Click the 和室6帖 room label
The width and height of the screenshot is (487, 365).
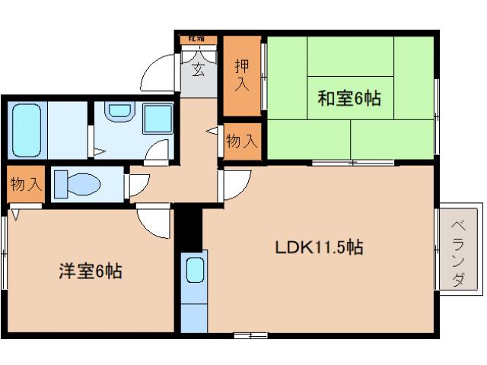tap(349, 98)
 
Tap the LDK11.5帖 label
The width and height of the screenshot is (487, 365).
tap(318, 247)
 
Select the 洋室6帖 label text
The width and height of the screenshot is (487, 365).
tap(89, 270)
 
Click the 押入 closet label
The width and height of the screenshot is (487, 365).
tap(241, 75)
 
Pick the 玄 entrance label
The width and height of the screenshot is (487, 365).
tap(198, 71)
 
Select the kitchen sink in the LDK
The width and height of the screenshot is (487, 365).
tap(195, 271)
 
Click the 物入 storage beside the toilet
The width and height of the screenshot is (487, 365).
tap(26, 186)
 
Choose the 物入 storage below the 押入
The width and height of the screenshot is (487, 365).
tap(242, 141)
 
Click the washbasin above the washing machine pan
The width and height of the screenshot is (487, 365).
tap(118, 113)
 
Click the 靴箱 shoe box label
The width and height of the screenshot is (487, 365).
tap(199, 39)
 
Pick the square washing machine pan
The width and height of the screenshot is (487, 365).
tap(158, 119)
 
